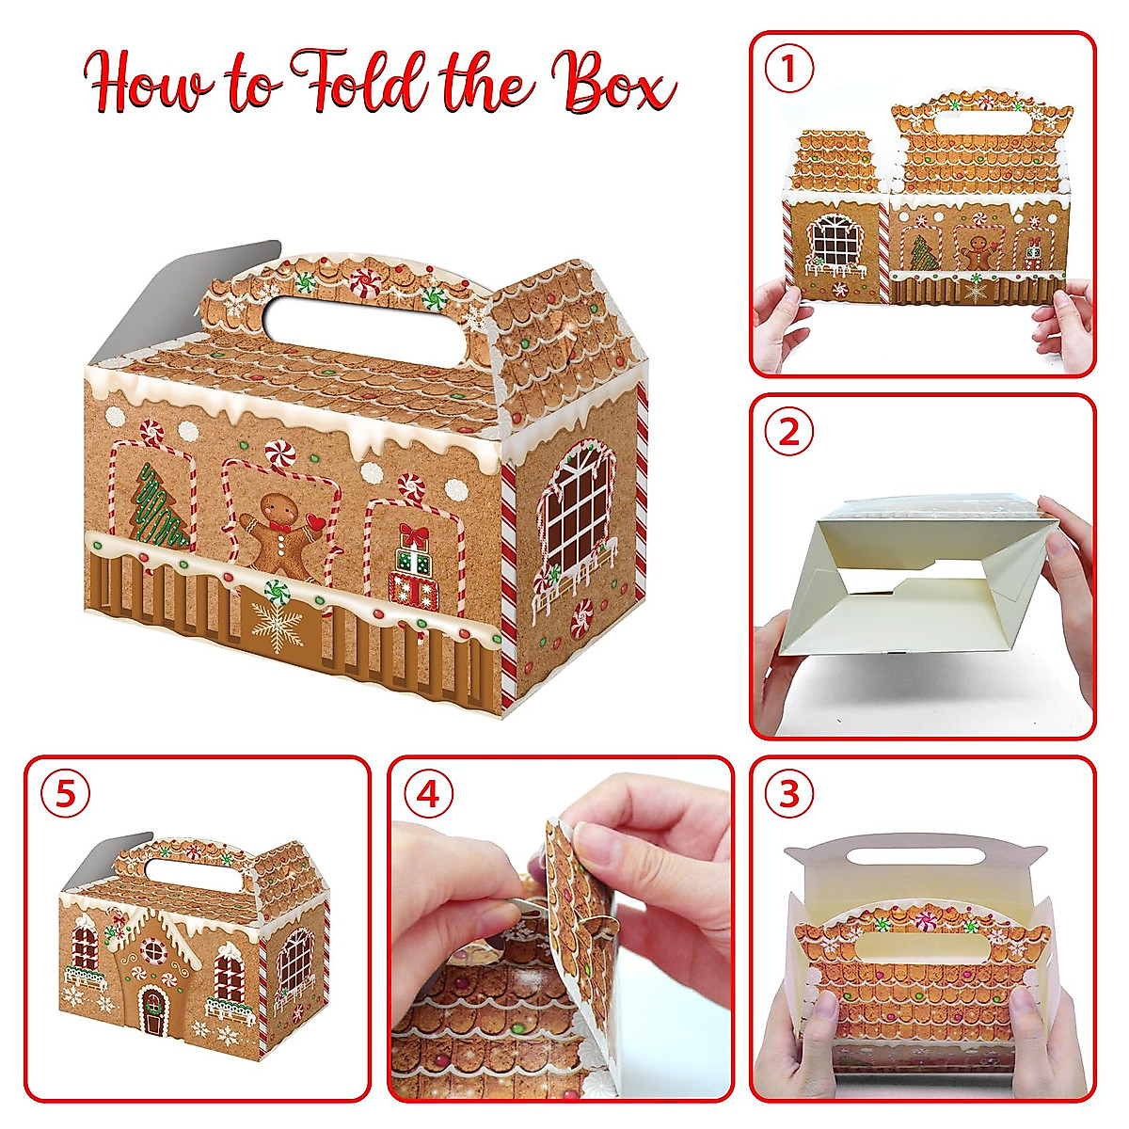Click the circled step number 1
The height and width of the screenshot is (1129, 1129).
pos(789,71)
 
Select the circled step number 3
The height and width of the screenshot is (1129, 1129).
pos(789,795)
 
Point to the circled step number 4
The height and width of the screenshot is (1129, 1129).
pos(427,795)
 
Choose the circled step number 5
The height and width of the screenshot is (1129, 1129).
pos(65,795)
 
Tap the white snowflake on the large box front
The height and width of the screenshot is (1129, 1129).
pos(277,628)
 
